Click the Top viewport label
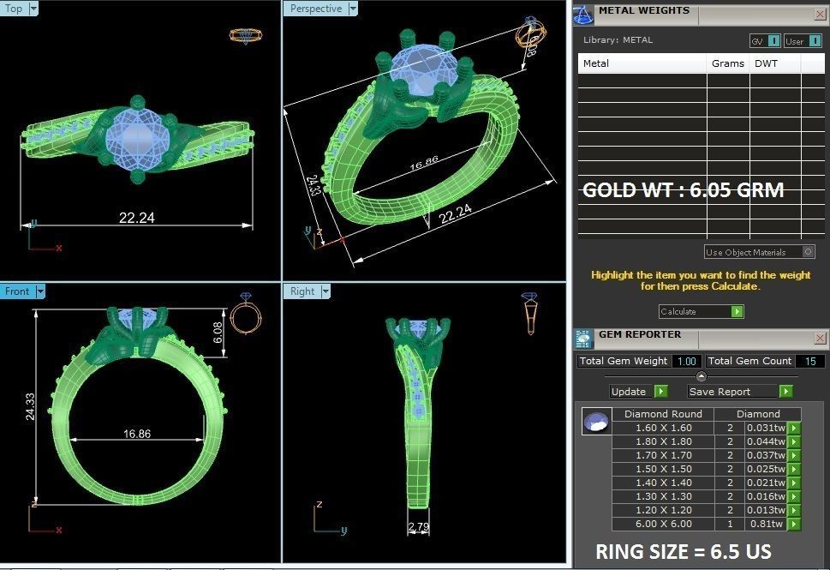(15, 9)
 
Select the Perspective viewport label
(315, 9)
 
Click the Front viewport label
(17, 291)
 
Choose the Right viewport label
(302, 291)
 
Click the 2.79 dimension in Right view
(418, 525)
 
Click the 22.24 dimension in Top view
(136, 218)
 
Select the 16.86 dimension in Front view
(136, 434)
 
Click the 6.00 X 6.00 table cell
(663, 524)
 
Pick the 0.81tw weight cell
(766, 524)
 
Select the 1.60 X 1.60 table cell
(663, 428)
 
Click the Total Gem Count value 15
(809, 361)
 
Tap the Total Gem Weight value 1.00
(686, 361)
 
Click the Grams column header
(727, 63)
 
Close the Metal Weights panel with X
(820, 14)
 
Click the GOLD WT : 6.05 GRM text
(683, 190)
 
